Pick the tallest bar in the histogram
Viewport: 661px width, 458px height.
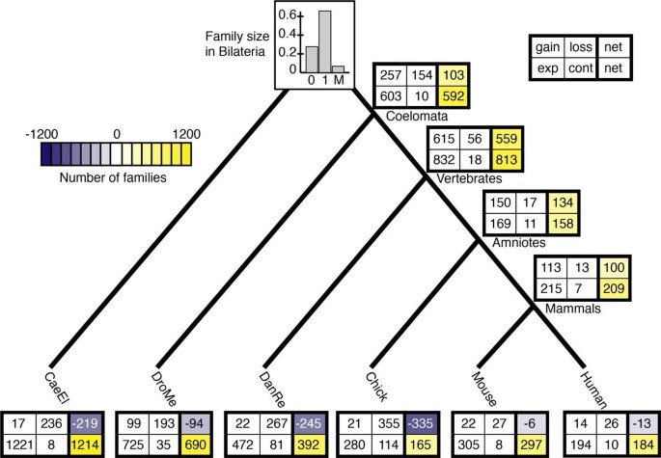click(324, 40)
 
